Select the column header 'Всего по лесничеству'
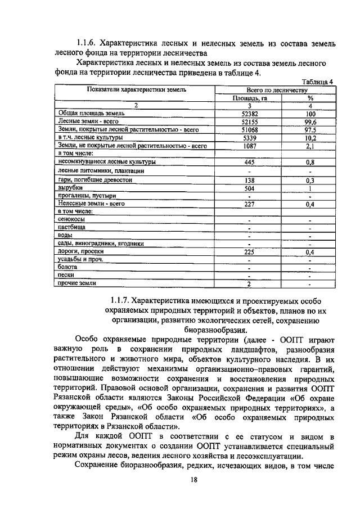pos(277,89)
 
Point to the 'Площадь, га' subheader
pos(249,97)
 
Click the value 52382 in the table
pos(249,113)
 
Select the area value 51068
pos(249,129)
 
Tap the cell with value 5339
pos(249,137)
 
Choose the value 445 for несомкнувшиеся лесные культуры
pos(249,162)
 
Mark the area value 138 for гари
pos(249,179)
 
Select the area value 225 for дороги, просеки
pos(249,252)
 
